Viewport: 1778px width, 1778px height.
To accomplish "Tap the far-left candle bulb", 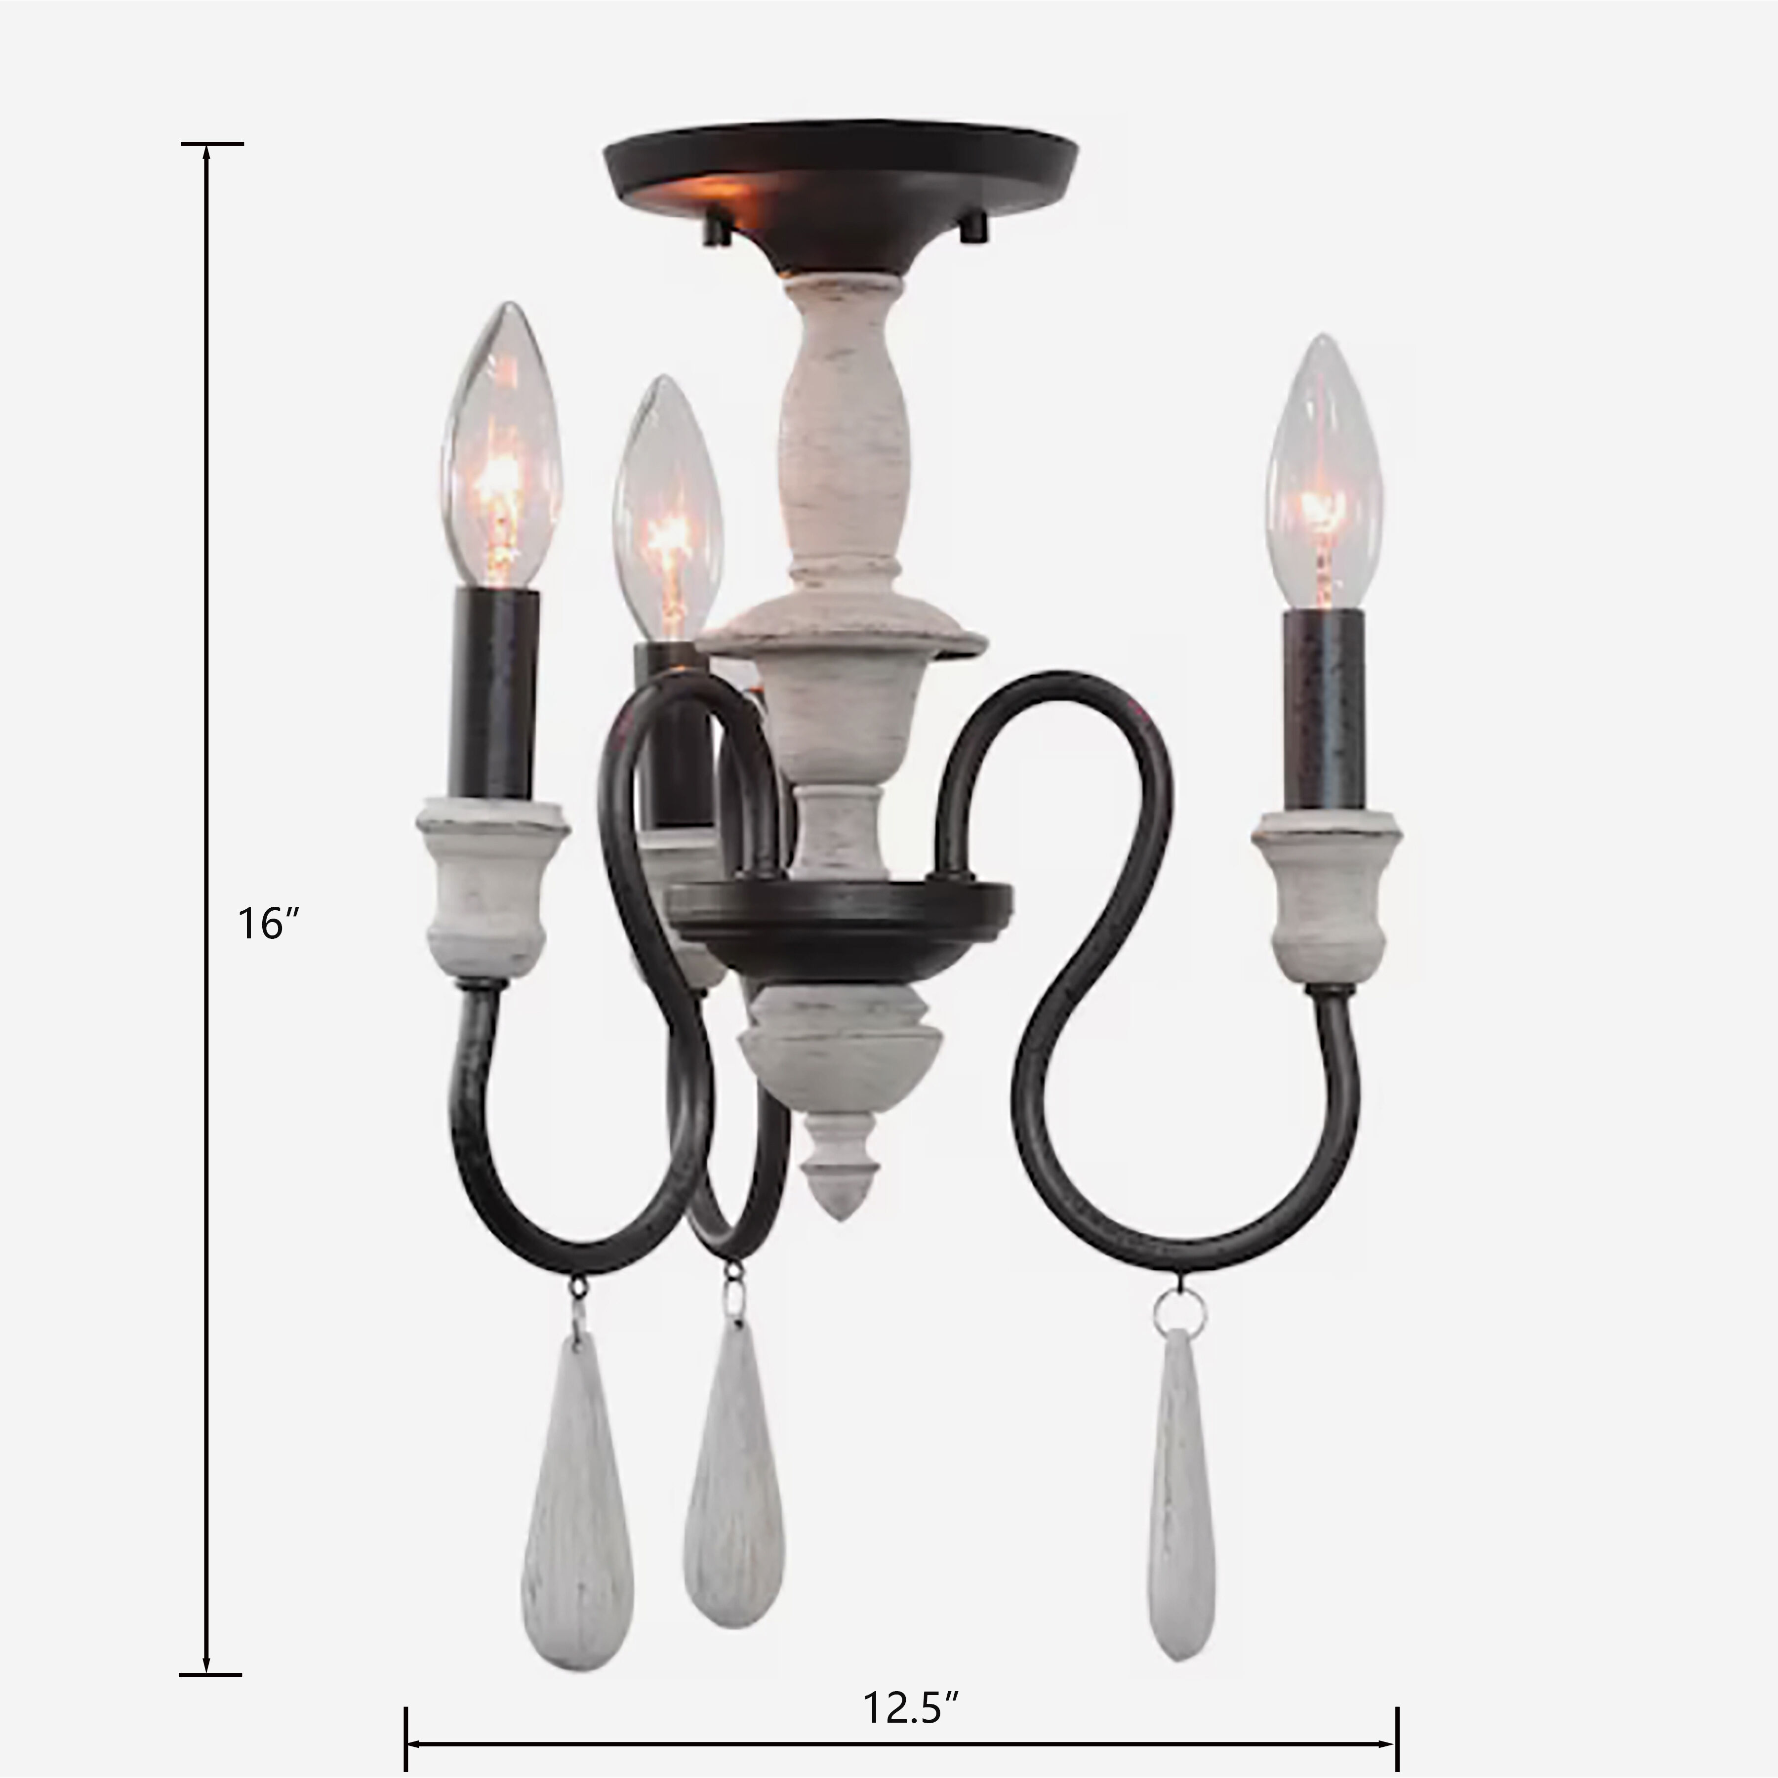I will [502, 451].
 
